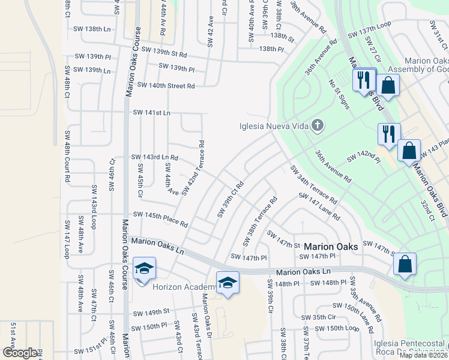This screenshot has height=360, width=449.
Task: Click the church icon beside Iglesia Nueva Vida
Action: (x=318, y=125)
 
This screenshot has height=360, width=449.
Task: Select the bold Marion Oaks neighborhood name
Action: (x=331, y=247)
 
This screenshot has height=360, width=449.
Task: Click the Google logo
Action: (x=20, y=353)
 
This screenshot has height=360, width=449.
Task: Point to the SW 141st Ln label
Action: (x=151, y=112)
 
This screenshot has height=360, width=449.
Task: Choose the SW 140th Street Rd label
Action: (x=166, y=86)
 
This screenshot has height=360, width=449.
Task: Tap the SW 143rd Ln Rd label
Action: (x=155, y=157)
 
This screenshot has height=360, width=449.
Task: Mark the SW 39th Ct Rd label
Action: (x=230, y=199)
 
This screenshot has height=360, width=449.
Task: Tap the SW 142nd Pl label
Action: (x=364, y=157)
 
